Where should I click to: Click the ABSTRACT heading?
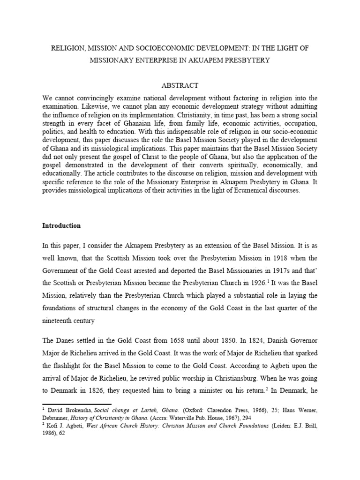point(180,85)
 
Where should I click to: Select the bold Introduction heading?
point(61,225)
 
